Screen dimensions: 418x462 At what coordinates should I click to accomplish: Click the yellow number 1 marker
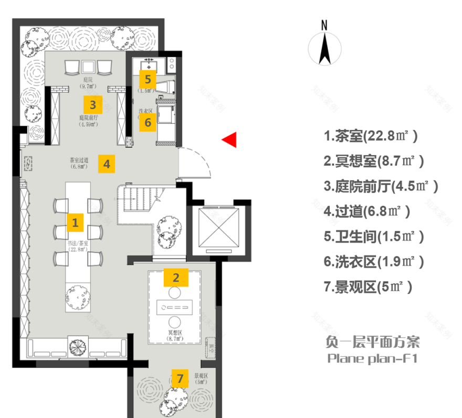[x=75, y=222]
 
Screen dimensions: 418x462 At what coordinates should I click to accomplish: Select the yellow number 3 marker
[x=92, y=104]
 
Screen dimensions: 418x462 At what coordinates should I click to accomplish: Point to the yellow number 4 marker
[x=107, y=164]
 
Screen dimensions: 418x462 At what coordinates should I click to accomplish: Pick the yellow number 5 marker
[x=148, y=80]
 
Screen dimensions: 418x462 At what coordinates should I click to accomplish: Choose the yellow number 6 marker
[x=148, y=123]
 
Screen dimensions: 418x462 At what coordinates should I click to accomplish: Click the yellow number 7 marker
[x=180, y=378]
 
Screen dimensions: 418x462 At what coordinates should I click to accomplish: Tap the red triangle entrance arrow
[x=229, y=140]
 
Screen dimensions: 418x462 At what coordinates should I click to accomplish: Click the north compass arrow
[x=324, y=49]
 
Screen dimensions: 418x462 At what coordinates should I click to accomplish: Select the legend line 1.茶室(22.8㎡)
[x=371, y=136]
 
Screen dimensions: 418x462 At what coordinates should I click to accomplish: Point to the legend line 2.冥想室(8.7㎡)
[x=374, y=161]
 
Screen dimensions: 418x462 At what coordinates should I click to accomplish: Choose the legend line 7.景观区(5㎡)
[x=367, y=287]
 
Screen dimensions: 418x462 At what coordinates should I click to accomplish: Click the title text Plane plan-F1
[x=372, y=359]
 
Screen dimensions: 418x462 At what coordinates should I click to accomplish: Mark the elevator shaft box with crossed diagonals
[x=216, y=229]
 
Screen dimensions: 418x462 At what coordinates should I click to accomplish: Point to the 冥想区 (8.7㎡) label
[x=175, y=336]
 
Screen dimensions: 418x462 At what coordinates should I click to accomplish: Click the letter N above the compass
[x=324, y=25]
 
